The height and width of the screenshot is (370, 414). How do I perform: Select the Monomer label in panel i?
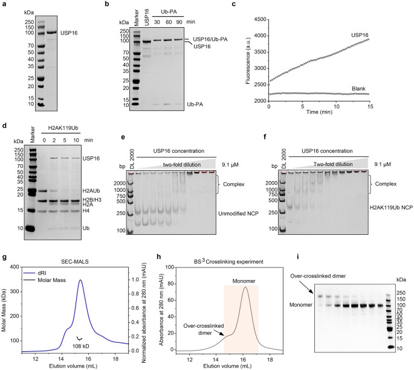tap(296, 305)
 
